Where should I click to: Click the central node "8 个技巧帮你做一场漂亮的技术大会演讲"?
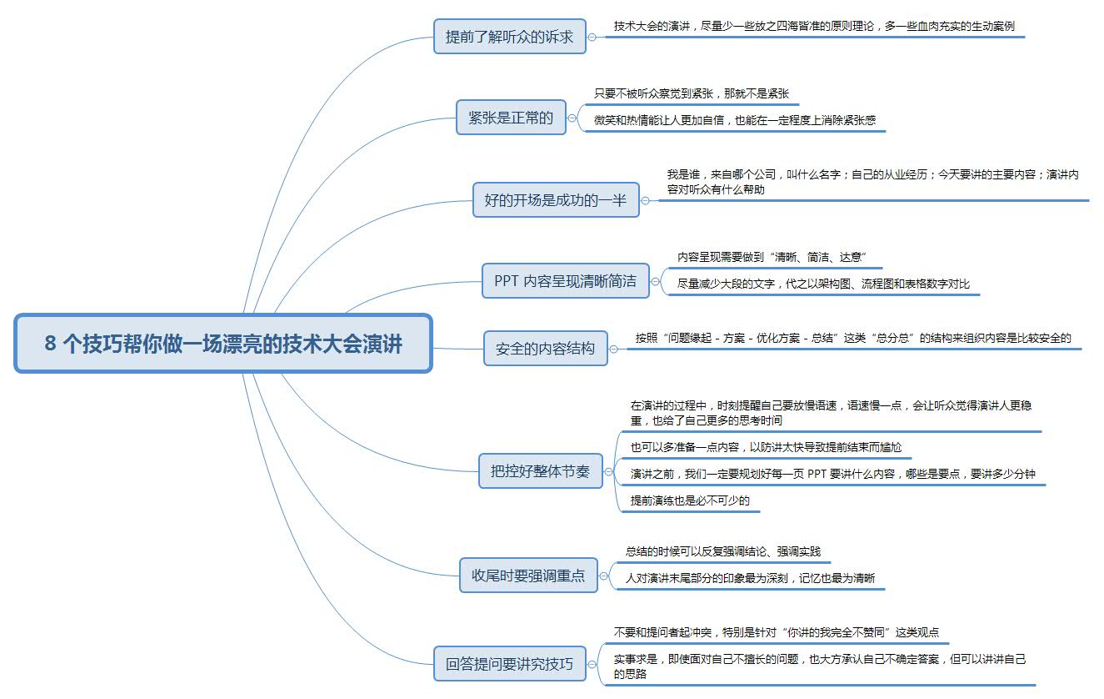point(223,344)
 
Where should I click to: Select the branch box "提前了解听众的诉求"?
point(510,37)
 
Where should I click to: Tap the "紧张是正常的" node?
point(511,117)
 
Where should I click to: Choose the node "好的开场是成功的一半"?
point(556,200)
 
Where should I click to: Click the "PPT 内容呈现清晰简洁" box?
point(565,281)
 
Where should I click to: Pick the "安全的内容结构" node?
point(546,348)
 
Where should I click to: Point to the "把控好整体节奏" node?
point(540,471)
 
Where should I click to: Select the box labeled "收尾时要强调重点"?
point(528,575)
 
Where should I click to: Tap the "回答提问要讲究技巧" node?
point(510,664)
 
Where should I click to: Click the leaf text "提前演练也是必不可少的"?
point(690,500)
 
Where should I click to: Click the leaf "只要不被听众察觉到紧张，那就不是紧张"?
point(691,93)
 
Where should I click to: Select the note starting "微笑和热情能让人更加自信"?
point(734,120)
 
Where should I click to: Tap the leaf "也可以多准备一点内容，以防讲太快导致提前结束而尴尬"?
point(766,447)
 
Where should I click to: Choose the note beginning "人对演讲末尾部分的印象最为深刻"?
point(750,578)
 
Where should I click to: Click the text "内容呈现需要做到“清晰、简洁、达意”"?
point(774,257)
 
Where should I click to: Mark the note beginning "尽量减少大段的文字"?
point(823,284)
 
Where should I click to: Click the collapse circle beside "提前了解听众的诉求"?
point(592,37)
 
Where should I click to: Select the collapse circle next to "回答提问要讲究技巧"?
point(592,664)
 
